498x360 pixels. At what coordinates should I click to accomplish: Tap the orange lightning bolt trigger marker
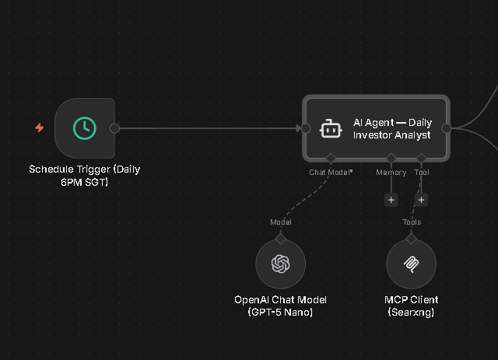pyautogui.click(x=40, y=128)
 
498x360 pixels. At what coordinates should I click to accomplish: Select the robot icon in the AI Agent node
pyautogui.click(x=331, y=129)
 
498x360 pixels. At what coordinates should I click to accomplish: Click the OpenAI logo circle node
pyautogui.click(x=280, y=264)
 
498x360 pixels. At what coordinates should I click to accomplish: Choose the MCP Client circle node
pyautogui.click(x=411, y=264)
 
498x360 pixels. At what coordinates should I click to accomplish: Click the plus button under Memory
pyautogui.click(x=391, y=200)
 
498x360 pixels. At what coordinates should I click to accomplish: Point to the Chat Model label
pyautogui.click(x=329, y=172)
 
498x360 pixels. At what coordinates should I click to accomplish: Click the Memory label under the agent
pyautogui.click(x=391, y=172)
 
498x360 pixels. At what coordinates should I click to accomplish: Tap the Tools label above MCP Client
pyautogui.click(x=412, y=222)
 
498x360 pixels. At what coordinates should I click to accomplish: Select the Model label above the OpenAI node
pyautogui.click(x=280, y=222)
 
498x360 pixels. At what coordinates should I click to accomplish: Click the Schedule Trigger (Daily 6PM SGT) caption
pyautogui.click(x=85, y=175)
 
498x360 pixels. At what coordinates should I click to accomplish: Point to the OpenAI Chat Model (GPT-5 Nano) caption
pyautogui.click(x=280, y=306)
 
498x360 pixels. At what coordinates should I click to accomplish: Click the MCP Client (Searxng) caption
pyautogui.click(x=411, y=306)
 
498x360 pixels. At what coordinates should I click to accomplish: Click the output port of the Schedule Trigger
pyautogui.click(x=115, y=128)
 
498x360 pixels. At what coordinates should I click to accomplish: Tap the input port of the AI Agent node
pyautogui.click(x=306, y=128)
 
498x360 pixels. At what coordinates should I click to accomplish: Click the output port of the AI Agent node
pyautogui.click(x=447, y=128)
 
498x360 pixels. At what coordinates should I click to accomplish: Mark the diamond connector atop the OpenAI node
pyautogui.click(x=280, y=239)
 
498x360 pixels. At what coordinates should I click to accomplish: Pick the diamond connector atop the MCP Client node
pyautogui.click(x=411, y=239)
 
